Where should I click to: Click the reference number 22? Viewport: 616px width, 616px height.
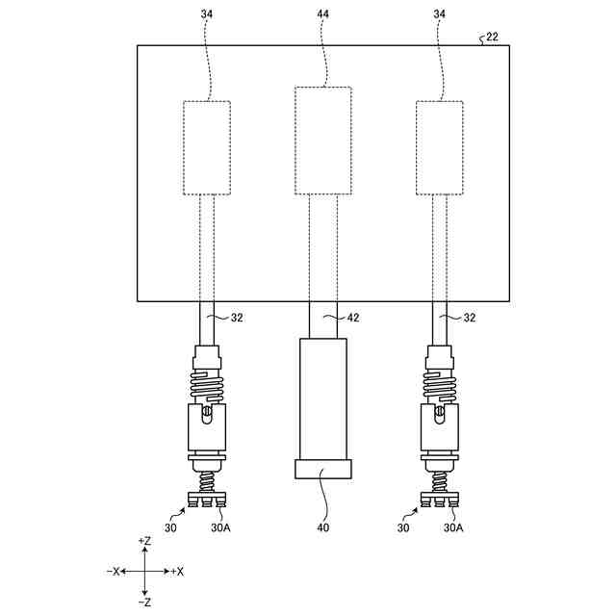(x=492, y=37)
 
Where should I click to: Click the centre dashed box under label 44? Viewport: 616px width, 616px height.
(x=322, y=141)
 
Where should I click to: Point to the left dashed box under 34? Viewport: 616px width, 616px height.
(x=207, y=147)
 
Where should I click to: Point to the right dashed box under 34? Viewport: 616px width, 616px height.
(x=440, y=147)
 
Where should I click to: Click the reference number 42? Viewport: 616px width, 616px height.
(x=357, y=317)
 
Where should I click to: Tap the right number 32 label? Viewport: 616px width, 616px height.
(x=469, y=317)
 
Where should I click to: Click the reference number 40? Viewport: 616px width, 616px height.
(x=322, y=528)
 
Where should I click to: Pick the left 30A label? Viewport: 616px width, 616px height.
(x=220, y=528)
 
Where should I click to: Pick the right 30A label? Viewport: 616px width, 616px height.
(x=453, y=528)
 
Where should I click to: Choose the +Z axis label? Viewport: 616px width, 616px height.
(x=144, y=542)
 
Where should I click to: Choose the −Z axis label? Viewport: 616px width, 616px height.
(x=144, y=603)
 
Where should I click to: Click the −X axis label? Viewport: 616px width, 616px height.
(x=114, y=572)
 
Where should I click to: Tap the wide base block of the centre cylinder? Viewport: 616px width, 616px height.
(x=322, y=470)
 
